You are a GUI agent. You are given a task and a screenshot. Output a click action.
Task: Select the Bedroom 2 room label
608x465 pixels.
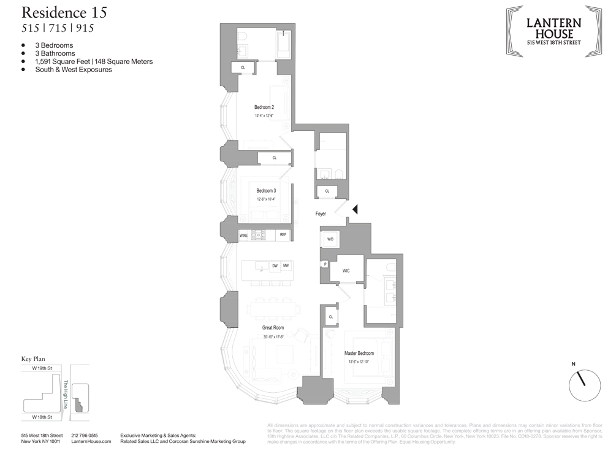(x=264, y=107)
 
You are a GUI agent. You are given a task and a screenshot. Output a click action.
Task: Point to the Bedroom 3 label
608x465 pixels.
(x=266, y=191)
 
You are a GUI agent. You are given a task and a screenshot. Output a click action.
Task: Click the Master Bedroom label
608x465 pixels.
(x=359, y=353)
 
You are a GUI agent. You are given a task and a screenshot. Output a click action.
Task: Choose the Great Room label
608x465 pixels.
(x=273, y=328)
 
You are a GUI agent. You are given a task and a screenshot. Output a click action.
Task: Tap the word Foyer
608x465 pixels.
(x=321, y=214)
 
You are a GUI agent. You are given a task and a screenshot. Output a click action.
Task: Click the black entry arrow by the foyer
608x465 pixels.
(x=354, y=209)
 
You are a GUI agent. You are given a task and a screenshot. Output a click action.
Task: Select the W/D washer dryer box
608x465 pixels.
(x=330, y=239)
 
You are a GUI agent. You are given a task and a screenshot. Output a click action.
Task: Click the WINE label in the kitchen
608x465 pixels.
(x=243, y=234)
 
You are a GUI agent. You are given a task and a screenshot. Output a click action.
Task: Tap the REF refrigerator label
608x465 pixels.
(x=283, y=234)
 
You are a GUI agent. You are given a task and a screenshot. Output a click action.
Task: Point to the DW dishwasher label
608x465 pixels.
(x=275, y=266)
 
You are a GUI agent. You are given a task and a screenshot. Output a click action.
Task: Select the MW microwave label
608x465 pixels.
(x=286, y=266)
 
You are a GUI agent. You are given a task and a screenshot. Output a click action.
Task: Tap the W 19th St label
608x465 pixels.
(x=37, y=370)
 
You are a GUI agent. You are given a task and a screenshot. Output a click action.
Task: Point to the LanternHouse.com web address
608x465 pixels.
(x=91, y=441)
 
